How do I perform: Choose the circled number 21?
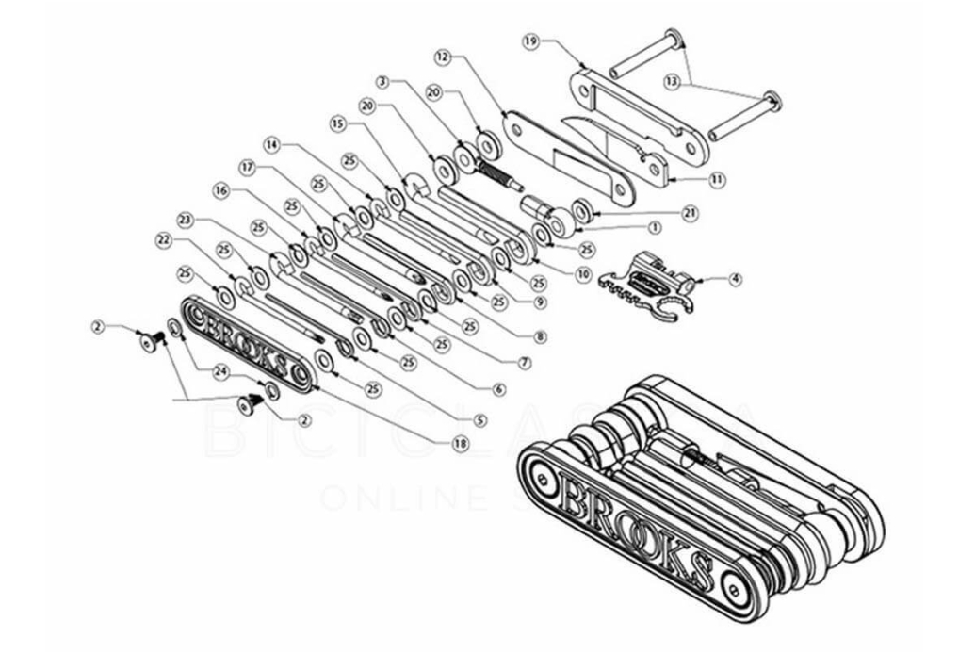692,214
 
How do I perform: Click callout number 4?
735,279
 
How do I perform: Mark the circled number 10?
584,274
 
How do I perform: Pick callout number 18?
461,443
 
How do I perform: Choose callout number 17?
248,166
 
